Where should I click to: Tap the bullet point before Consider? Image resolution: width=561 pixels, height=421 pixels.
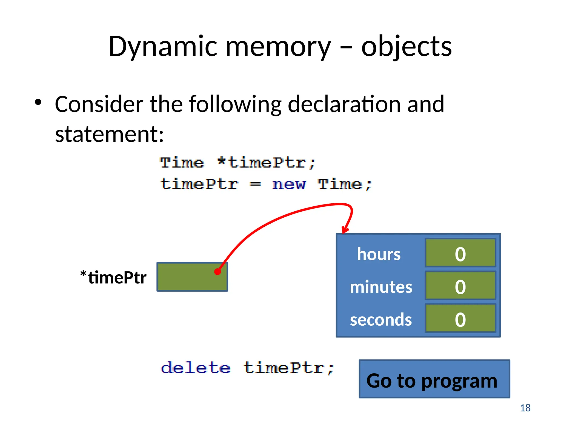point(38,103)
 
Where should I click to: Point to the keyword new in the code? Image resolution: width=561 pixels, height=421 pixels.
point(289,184)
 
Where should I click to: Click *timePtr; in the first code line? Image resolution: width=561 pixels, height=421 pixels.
point(266,163)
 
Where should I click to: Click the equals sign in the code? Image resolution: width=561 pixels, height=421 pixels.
point(255,184)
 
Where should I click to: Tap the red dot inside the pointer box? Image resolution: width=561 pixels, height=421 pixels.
point(217,272)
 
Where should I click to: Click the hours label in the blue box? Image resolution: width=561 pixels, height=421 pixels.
point(379,254)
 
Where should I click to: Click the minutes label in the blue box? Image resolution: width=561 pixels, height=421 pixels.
point(381,287)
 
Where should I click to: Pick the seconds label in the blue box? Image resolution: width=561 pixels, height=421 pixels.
point(381,320)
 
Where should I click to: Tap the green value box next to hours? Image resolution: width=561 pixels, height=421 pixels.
point(460,253)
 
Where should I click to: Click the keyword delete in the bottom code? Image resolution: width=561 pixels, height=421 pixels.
point(196,368)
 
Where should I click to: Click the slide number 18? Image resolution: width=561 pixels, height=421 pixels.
point(525,408)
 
